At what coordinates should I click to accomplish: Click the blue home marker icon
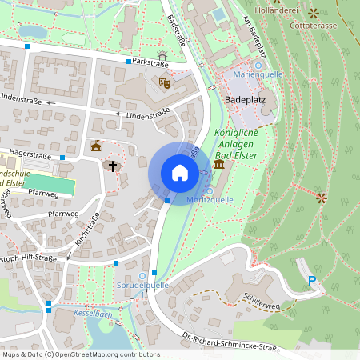(179, 173)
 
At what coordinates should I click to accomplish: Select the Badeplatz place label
(246, 100)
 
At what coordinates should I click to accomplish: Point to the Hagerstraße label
(30, 156)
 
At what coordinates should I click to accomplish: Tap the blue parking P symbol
(313, 281)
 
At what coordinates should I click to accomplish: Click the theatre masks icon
(166, 82)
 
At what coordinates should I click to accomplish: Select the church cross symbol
(113, 166)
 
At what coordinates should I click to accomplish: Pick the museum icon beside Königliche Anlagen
(219, 166)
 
